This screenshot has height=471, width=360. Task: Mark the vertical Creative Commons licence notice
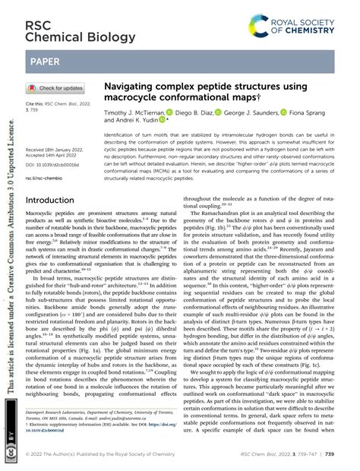tap(9, 251)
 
